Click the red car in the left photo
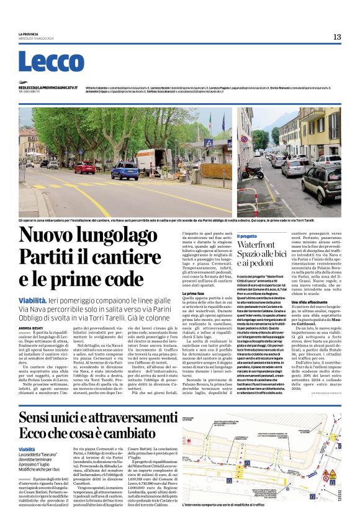click(84, 168)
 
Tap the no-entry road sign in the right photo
click(243, 139)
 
